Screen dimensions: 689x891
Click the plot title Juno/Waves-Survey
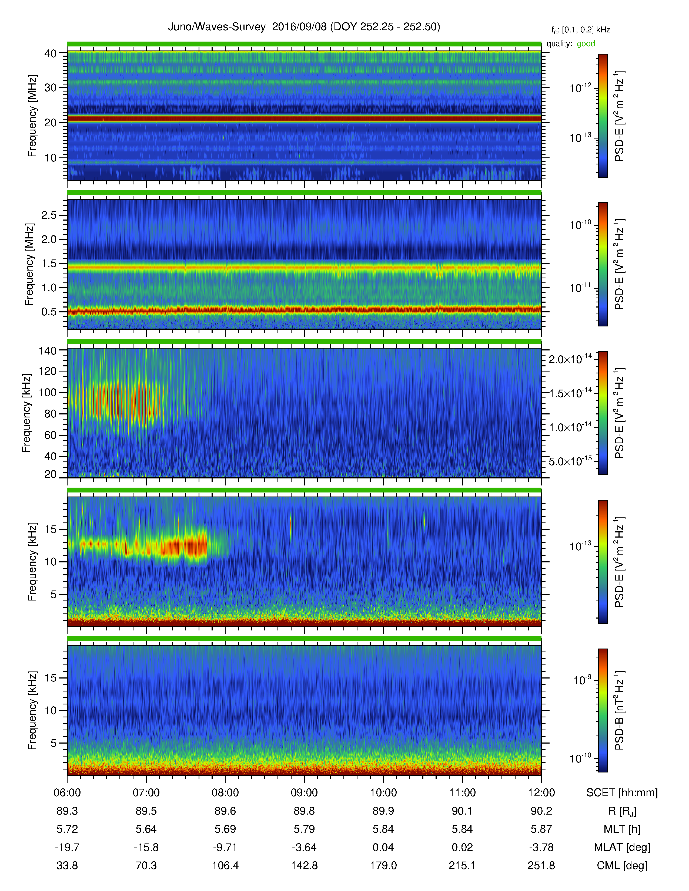(x=217, y=27)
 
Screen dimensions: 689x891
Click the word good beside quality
(x=586, y=44)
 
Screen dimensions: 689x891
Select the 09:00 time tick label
(x=304, y=793)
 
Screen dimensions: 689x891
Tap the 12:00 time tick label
(x=541, y=793)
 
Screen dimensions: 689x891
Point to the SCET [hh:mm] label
(x=622, y=793)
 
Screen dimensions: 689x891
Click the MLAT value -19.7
(x=67, y=847)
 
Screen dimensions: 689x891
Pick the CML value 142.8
(x=304, y=865)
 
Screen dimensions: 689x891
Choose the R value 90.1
(x=462, y=811)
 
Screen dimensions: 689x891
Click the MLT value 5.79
(x=304, y=829)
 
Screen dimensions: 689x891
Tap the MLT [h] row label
(x=622, y=829)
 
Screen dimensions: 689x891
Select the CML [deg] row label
(x=622, y=865)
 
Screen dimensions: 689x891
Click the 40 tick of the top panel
(x=51, y=53)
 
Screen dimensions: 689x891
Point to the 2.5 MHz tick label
(x=49, y=215)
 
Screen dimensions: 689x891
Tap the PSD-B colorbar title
(x=619, y=710)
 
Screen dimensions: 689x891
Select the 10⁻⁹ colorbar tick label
(x=582, y=680)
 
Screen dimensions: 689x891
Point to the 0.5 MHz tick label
(x=49, y=312)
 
